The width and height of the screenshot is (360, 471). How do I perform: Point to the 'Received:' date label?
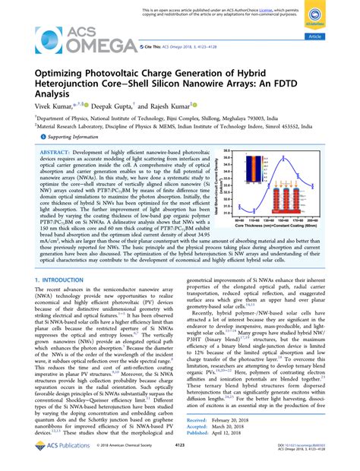197,419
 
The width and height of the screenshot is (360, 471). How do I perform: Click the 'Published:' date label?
197,434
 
